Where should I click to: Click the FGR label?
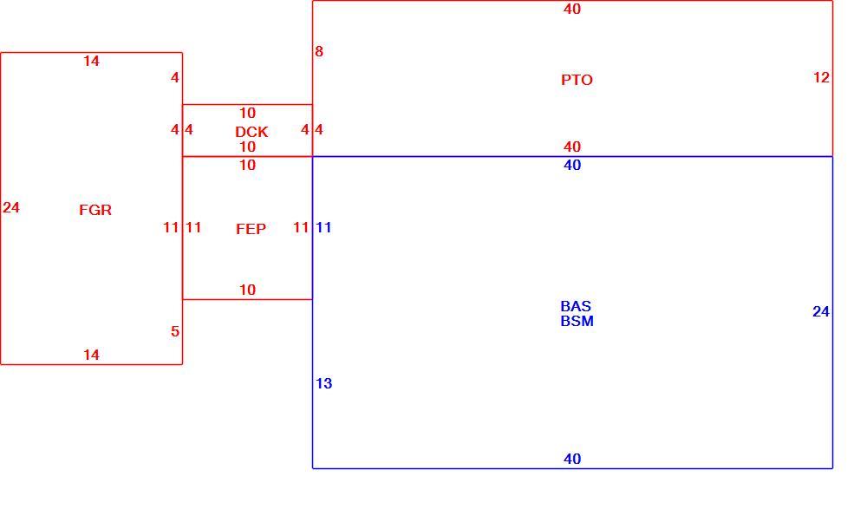(x=95, y=210)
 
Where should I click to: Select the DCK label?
(x=251, y=132)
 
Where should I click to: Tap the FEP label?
(x=251, y=229)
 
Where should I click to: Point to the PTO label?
(x=577, y=80)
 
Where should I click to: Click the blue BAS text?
(x=576, y=306)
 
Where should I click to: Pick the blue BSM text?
(x=577, y=322)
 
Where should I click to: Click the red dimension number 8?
(x=319, y=51)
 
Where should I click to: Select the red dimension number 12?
(x=821, y=77)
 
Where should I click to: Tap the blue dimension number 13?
(x=324, y=383)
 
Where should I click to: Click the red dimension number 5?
(x=175, y=331)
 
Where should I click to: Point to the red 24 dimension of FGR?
(x=11, y=207)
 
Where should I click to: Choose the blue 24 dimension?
(x=821, y=312)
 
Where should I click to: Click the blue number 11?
(x=323, y=227)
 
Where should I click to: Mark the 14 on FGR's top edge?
(x=91, y=62)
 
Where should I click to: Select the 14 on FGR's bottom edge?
(x=91, y=355)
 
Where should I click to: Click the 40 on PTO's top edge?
(x=572, y=9)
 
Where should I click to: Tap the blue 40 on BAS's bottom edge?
(x=572, y=459)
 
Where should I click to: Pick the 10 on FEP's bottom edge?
(x=247, y=290)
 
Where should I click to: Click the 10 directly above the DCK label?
(x=247, y=114)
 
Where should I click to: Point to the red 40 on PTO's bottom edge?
(x=572, y=147)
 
